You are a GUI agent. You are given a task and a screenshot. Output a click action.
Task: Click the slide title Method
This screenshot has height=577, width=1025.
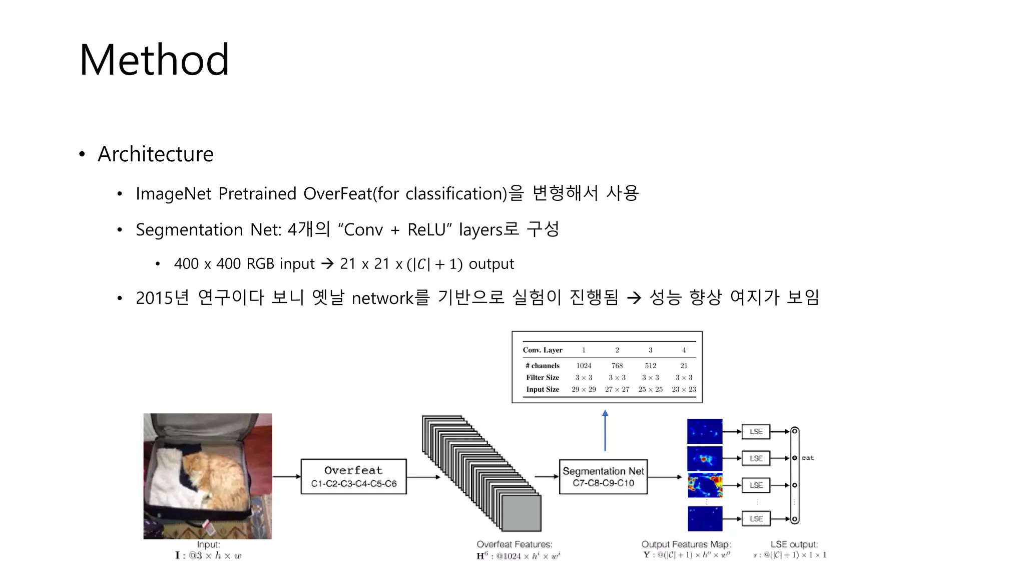coord(154,60)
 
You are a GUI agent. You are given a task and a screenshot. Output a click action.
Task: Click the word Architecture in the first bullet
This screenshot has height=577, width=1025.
coord(156,154)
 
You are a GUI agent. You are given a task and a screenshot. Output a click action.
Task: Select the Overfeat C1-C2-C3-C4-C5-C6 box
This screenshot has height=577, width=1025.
coord(353,476)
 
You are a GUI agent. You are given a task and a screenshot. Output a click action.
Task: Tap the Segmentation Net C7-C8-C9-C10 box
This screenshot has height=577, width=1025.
coord(603,476)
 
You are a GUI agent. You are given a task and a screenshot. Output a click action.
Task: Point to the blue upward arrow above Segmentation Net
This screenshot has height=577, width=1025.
coord(605,431)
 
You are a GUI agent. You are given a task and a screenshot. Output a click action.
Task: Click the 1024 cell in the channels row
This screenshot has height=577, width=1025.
coord(584,366)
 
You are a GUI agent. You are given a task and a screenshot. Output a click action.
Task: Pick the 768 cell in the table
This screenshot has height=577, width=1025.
coord(617,366)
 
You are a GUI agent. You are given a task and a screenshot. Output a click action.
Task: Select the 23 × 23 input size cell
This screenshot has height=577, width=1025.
coord(684,389)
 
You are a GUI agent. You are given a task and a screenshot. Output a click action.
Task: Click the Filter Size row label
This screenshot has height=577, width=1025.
coord(543,378)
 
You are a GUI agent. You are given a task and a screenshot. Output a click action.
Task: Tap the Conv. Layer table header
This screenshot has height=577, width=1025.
coord(543,350)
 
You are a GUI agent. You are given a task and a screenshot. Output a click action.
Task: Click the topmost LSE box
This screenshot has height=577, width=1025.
coord(756,431)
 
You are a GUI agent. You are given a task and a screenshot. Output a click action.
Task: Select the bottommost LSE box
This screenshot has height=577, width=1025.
coord(756,518)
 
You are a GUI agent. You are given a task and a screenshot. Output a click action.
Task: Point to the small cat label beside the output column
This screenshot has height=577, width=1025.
coord(808,458)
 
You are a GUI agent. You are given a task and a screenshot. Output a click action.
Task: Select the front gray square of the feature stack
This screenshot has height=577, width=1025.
coord(521,513)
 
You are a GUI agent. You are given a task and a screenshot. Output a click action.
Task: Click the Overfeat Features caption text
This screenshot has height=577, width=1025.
coord(515,544)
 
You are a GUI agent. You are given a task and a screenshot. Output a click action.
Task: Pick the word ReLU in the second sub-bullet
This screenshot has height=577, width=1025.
coord(426,230)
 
